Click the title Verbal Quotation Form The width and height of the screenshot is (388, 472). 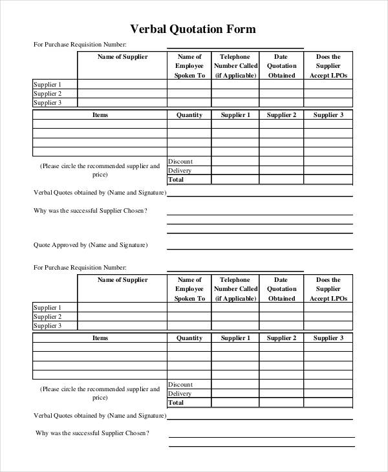[193, 29]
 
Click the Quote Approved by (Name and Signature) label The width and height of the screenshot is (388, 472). [91, 245]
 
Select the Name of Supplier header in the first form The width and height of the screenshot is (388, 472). [122, 57]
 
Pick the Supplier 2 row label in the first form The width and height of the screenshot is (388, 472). [47, 94]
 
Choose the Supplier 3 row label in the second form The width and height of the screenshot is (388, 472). [47, 326]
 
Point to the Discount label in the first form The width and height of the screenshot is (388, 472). [180, 162]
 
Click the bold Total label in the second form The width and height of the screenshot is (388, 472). [176, 403]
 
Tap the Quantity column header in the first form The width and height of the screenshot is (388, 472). [189, 115]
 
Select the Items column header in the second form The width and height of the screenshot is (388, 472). [100, 338]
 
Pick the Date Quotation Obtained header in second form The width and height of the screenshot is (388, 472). [281, 289]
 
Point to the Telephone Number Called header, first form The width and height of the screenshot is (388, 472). [235, 66]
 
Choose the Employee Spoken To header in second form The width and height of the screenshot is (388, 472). [189, 289]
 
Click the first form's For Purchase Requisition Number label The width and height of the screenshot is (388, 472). [80, 45]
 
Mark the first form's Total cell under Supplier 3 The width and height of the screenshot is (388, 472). [328, 180]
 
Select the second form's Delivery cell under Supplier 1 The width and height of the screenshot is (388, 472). [235, 394]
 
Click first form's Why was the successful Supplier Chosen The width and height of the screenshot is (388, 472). [91, 211]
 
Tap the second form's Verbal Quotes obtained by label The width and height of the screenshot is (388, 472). [100, 415]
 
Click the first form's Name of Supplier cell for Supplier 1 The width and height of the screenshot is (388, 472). [122, 85]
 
